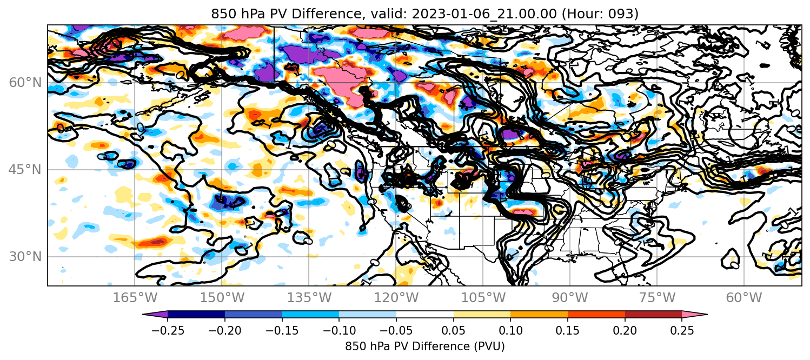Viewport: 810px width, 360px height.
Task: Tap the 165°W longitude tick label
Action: (x=135, y=298)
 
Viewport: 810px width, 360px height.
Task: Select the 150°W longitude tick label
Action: (x=222, y=298)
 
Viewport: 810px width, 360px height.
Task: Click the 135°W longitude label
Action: (x=309, y=298)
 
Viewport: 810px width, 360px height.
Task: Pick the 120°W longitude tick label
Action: (x=396, y=298)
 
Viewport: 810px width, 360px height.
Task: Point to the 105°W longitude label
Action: (x=483, y=298)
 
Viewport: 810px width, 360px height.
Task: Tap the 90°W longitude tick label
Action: (x=570, y=298)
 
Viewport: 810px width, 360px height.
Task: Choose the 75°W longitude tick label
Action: (x=657, y=298)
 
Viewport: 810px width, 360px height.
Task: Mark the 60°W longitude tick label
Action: (x=744, y=298)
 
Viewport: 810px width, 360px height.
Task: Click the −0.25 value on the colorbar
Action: (x=168, y=330)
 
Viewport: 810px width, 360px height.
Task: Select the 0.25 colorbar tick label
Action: (x=682, y=330)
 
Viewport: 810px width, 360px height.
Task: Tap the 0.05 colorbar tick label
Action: (x=454, y=330)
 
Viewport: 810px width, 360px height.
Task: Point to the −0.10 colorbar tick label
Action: (x=339, y=330)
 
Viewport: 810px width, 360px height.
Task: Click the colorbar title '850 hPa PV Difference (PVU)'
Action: (x=425, y=346)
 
